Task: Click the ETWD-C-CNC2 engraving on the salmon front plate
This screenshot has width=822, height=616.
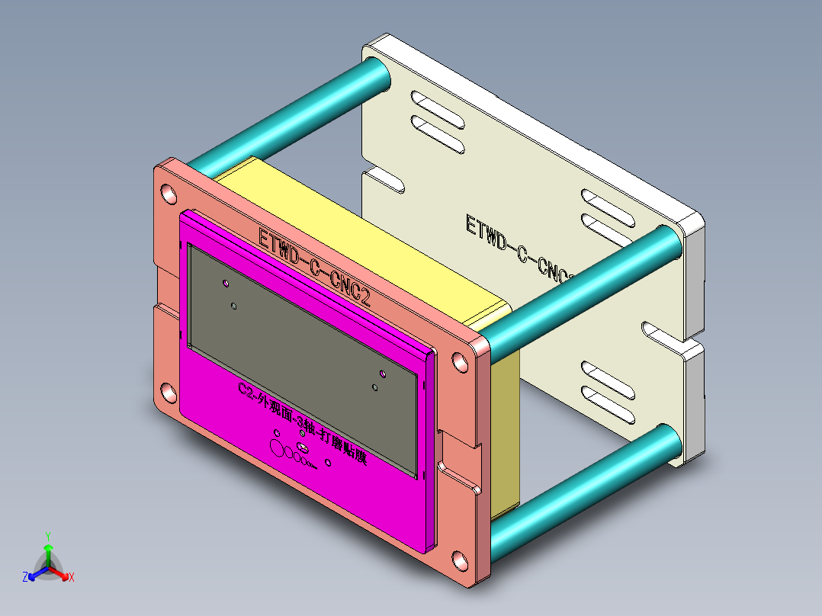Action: (x=314, y=267)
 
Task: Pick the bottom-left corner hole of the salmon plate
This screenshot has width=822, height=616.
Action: (x=165, y=393)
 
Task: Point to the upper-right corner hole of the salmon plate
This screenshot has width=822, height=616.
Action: (x=460, y=361)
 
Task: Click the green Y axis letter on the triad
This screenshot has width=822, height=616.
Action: (x=47, y=536)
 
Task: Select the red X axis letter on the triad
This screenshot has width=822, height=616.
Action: (x=71, y=578)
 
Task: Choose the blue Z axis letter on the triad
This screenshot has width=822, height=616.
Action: (x=25, y=578)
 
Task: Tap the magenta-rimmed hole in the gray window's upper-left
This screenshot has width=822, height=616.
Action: (x=226, y=284)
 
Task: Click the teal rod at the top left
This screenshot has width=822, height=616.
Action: (x=290, y=114)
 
